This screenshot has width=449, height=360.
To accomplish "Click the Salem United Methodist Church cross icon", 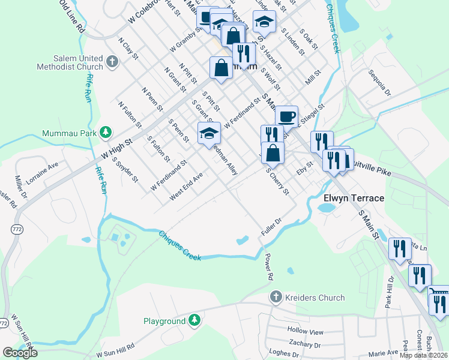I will pyautogui.click(x=112, y=61).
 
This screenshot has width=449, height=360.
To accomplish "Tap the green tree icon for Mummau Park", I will pyautogui.click(x=106, y=131).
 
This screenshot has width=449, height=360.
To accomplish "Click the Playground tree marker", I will pyautogui.click(x=193, y=321).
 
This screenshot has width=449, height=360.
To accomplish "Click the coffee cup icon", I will pyautogui.click(x=287, y=116).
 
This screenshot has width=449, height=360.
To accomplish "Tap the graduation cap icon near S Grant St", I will pyautogui.click(x=209, y=133).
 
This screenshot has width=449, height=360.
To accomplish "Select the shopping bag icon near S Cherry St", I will pyautogui.click(x=273, y=152).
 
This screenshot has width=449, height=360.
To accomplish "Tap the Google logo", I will pyautogui.click(x=20, y=353).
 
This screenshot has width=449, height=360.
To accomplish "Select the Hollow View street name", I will pyautogui.click(x=305, y=332).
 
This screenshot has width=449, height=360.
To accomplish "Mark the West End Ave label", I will pyautogui.click(x=186, y=187).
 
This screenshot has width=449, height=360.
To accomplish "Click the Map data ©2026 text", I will pyautogui.click(x=423, y=355).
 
